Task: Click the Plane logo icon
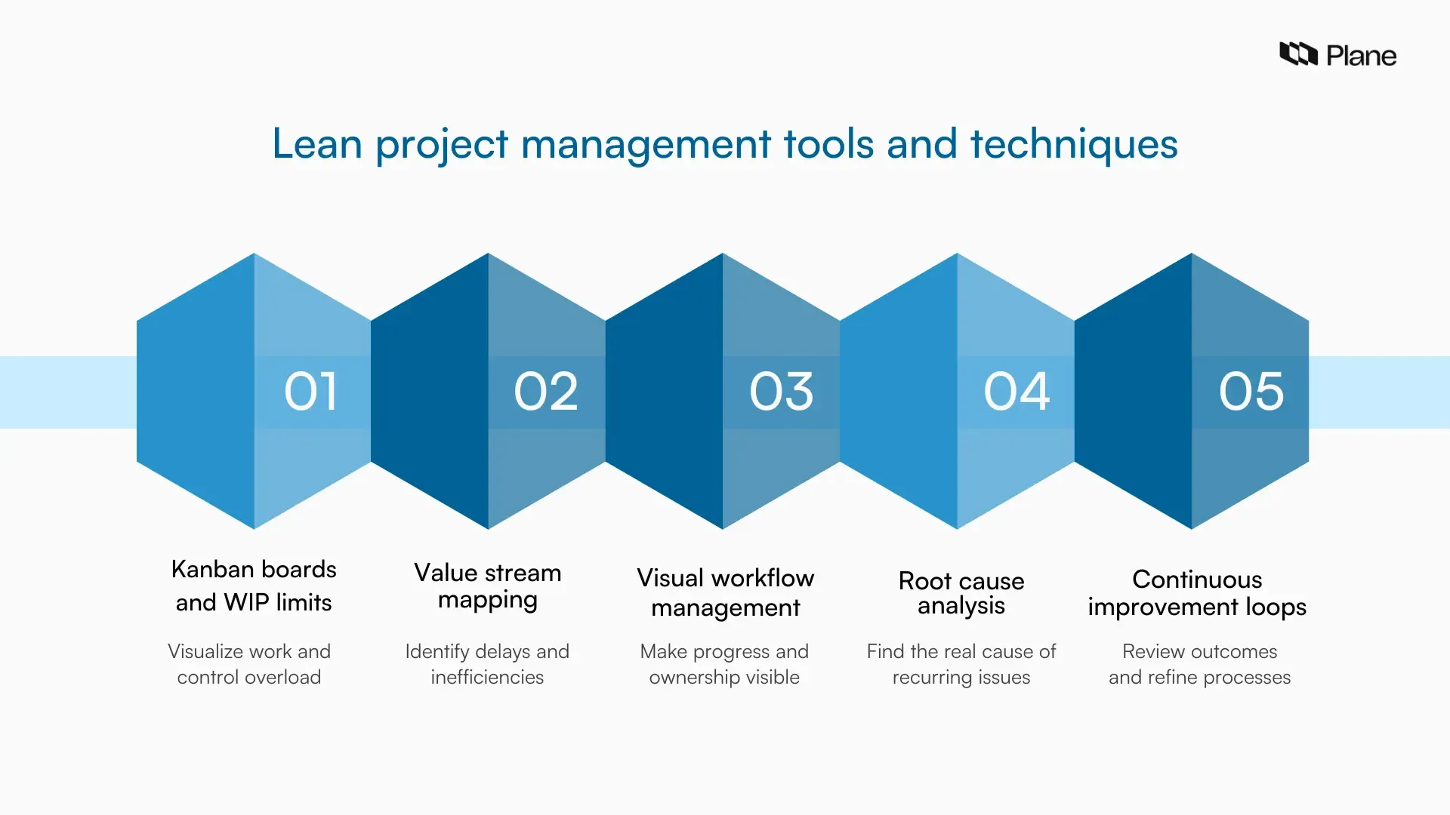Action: pyautogui.click(x=1298, y=54)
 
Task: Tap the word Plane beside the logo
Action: pyautogui.click(x=1361, y=56)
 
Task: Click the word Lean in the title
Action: pyautogui.click(x=316, y=143)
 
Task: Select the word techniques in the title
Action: pyautogui.click(x=1073, y=143)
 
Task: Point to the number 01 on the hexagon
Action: pyautogui.click(x=310, y=392)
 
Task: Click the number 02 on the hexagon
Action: pyautogui.click(x=546, y=392)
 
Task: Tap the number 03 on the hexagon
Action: pyautogui.click(x=781, y=392)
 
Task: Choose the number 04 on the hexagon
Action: pyautogui.click(x=1017, y=392)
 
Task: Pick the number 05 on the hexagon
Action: pyautogui.click(x=1251, y=392)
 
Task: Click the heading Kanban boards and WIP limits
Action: pyautogui.click(x=254, y=586)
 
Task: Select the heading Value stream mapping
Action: pyautogui.click(x=488, y=586)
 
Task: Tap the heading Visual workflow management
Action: pyautogui.click(x=725, y=592)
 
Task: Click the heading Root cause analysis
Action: pyautogui.click(x=961, y=593)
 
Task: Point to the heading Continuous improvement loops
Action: pyautogui.click(x=1197, y=593)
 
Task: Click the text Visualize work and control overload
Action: pyautogui.click(x=249, y=664)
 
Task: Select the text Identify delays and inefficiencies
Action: pyautogui.click(x=487, y=664)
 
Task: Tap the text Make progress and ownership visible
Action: pyautogui.click(x=724, y=664)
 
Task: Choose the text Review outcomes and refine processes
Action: pyautogui.click(x=1199, y=664)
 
